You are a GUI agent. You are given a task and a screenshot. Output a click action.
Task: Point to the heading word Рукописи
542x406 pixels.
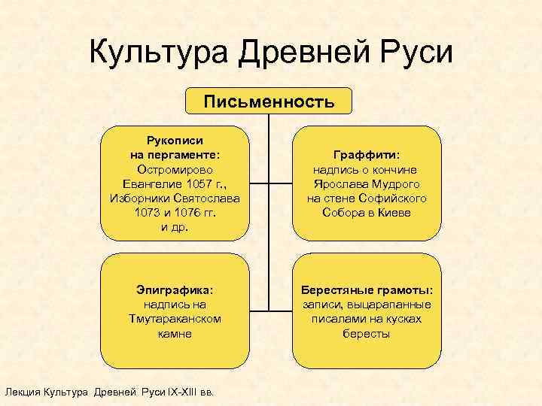click(174, 139)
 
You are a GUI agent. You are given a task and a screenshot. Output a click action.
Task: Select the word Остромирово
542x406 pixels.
click(174, 169)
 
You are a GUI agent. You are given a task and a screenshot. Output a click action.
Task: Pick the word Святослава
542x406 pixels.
click(205, 198)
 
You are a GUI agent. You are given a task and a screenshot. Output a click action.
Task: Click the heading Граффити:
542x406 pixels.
click(367, 154)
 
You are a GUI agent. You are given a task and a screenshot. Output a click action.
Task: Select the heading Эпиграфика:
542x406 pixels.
click(175, 289)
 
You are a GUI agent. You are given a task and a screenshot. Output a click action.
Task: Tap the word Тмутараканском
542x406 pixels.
click(175, 319)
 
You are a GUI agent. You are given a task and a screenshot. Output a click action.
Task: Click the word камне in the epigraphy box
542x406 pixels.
click(175, 333)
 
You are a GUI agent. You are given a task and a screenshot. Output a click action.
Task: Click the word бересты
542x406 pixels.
click(367, 333)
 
